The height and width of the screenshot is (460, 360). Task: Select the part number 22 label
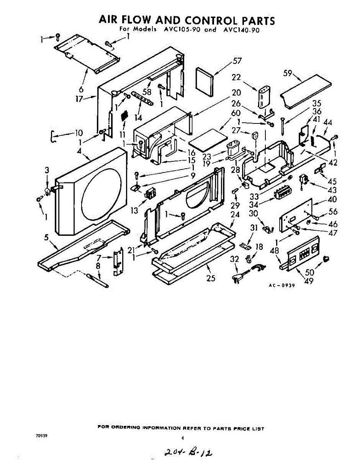236,77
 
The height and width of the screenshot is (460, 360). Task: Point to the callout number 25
211,279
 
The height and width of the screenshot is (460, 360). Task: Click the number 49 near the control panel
309,281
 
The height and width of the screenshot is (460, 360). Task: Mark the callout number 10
79,133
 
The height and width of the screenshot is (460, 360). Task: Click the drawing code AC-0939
281,286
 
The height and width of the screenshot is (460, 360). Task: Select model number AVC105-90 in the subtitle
180,30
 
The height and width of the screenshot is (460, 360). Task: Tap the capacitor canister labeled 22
263,98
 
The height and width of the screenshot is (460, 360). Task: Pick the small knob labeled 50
327,258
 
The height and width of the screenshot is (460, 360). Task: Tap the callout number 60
236,113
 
